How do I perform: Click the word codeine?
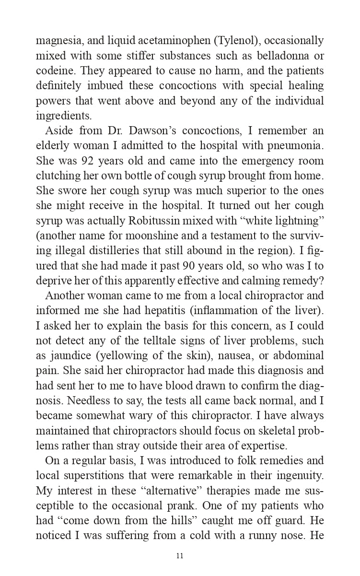pos(56,71)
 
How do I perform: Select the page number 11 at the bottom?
pos(180,556)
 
